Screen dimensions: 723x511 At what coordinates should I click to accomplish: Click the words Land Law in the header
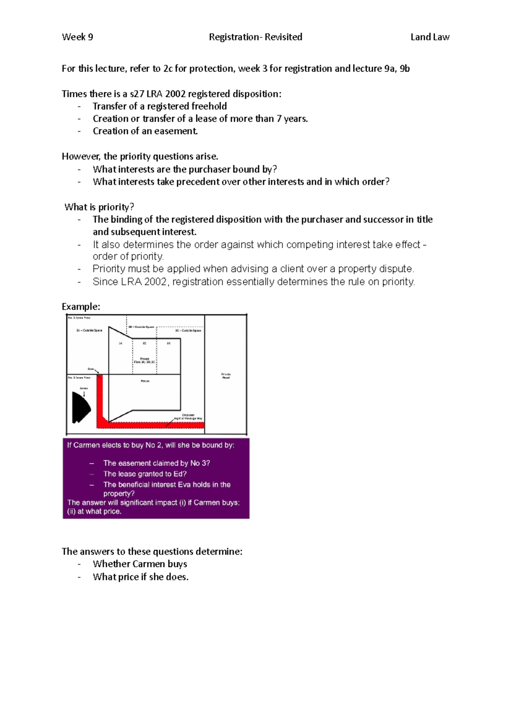click(x=430, y=37)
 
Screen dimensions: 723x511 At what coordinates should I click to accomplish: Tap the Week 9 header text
click(x=78, y=37)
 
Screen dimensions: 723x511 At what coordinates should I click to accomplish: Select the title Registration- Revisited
click(x=255, y=37)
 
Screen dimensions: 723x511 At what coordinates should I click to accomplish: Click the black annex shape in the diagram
click(x=80, y=408)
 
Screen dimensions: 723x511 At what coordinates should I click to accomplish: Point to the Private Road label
click(x=226, y=376)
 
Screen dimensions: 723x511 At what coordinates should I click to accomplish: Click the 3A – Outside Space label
click(x=89, y=330)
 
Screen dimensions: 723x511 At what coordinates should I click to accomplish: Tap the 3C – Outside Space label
click(x=188, y=330)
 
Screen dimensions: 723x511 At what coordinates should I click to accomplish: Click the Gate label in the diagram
click(x=90, y=369)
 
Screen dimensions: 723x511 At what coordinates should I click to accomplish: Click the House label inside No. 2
click(x=145, y=381)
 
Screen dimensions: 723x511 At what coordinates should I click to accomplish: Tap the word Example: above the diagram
click(x=81, y=307)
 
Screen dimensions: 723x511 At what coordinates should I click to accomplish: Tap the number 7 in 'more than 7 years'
click(x=279, y=119)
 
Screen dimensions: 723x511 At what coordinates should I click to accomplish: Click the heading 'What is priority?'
click(x=99, y=207)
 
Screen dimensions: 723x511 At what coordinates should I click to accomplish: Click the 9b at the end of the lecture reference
click(x=405, y=69)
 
